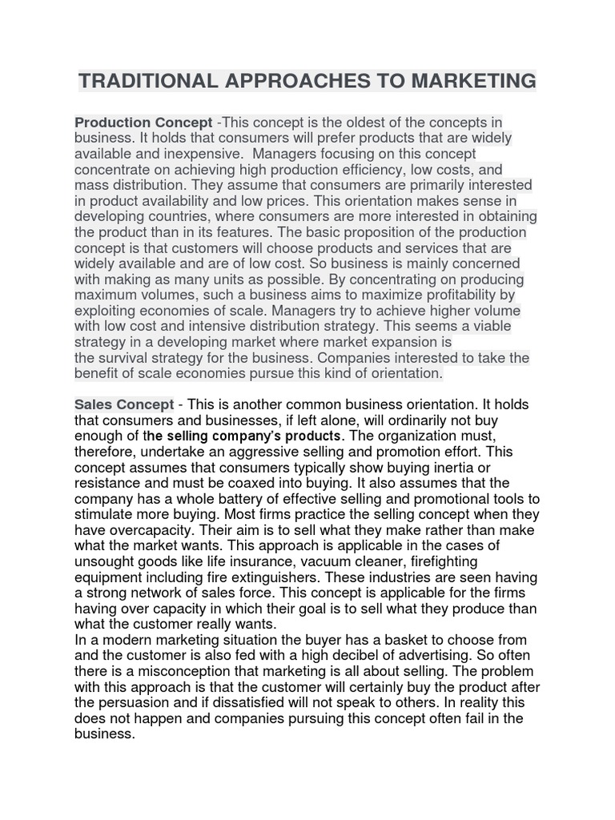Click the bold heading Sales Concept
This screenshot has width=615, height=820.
(x=124, y=404)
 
